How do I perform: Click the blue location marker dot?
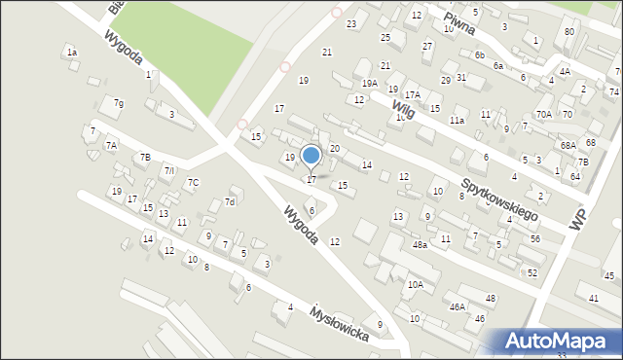pyautogui.click(x=311, y=155)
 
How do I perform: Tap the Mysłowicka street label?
pyautogui.click(x=339, y=326)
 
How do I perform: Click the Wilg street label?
pyautogui.click(x=404, y=112)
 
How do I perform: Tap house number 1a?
pyautogui.click(x=71, y=52)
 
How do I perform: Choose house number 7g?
pyautogui.click(x=118, y=103)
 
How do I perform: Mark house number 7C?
pyautogui.click(x=193, y=182)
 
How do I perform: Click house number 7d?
pyautogui.click(x=230, y=202)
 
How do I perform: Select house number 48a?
pyautogui.click(x=419, y=245)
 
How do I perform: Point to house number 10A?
pyautogui.click(x=416, y=285)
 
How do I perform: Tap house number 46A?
pyautogui.click(x=457, y=306)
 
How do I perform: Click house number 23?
pyautogui.click(x=351, y=23)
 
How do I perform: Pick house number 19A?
pyautogui.click(x=369, y=84)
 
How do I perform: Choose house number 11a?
pyautogui.click(x=457, y=121)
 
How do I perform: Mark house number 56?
pyautogui.click(x=534, y=238)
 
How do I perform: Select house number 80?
pyautogui.click(x=569, y=32)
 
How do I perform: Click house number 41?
pyautogui.click(x=594, y=298)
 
